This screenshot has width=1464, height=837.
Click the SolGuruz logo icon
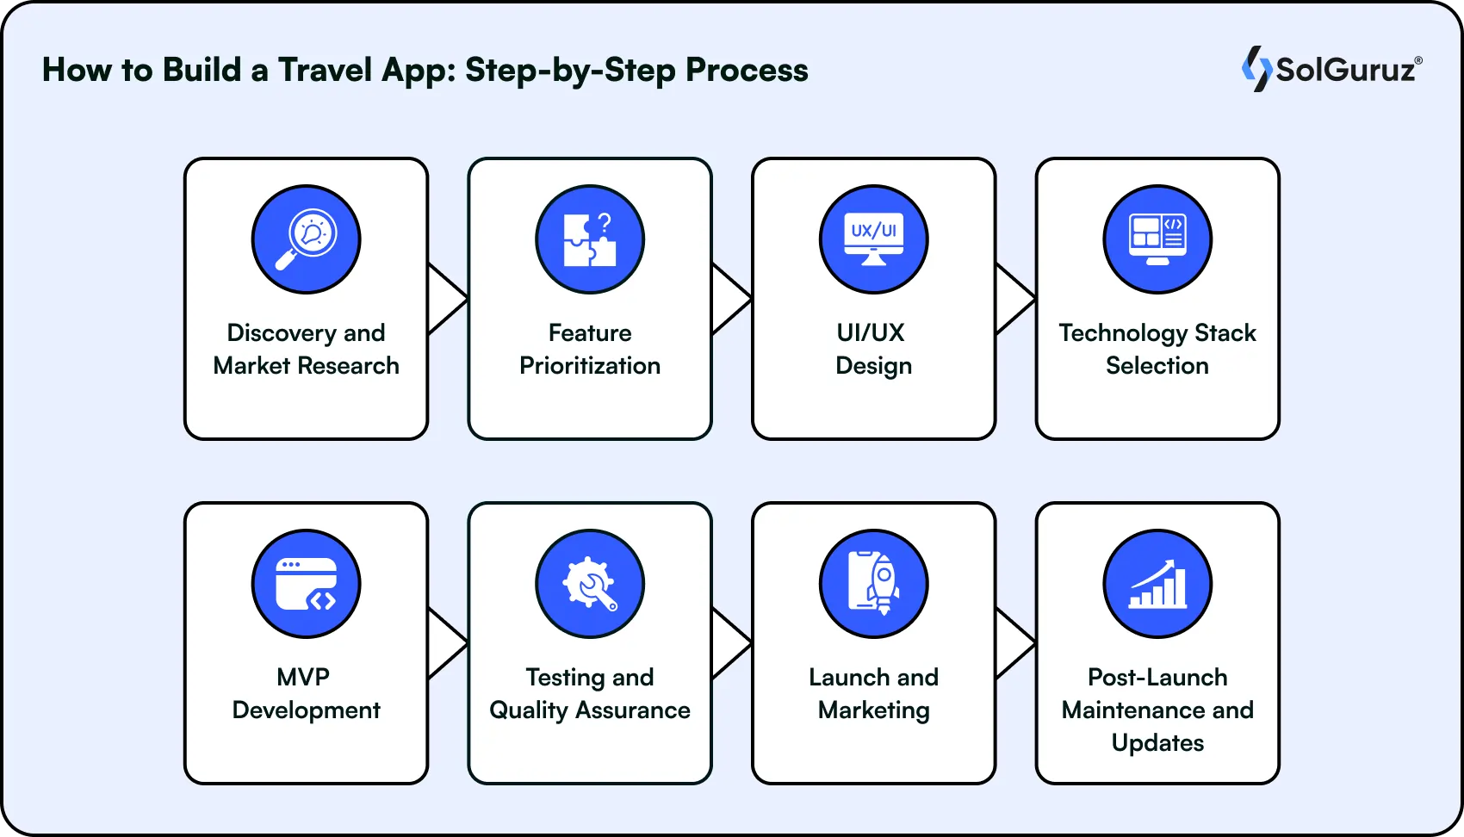tap(1256, 68)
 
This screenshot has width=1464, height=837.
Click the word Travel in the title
tap(324, 70)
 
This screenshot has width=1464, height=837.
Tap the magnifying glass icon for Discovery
tap(306, 239)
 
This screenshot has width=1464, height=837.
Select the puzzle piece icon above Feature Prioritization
tap(590, 239)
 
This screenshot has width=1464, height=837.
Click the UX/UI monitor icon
tap(873, 239)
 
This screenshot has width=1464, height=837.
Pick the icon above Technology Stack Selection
tap(1157, 239)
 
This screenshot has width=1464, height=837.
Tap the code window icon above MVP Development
tap(306, 584)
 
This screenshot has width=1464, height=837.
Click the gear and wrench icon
tap(590, 584)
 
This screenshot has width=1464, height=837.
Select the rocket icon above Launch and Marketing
tap(873, 584)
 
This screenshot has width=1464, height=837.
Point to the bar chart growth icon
tap(1157, 584)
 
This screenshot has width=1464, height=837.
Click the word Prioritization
tap(590, 366)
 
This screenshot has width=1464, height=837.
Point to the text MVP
tap(303, 677)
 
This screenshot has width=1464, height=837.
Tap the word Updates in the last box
tap(1157, 742)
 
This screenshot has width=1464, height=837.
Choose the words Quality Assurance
tap(590, 710)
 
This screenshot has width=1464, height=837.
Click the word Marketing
tap(873, 710)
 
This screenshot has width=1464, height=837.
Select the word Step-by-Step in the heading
tap(569, 70)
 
